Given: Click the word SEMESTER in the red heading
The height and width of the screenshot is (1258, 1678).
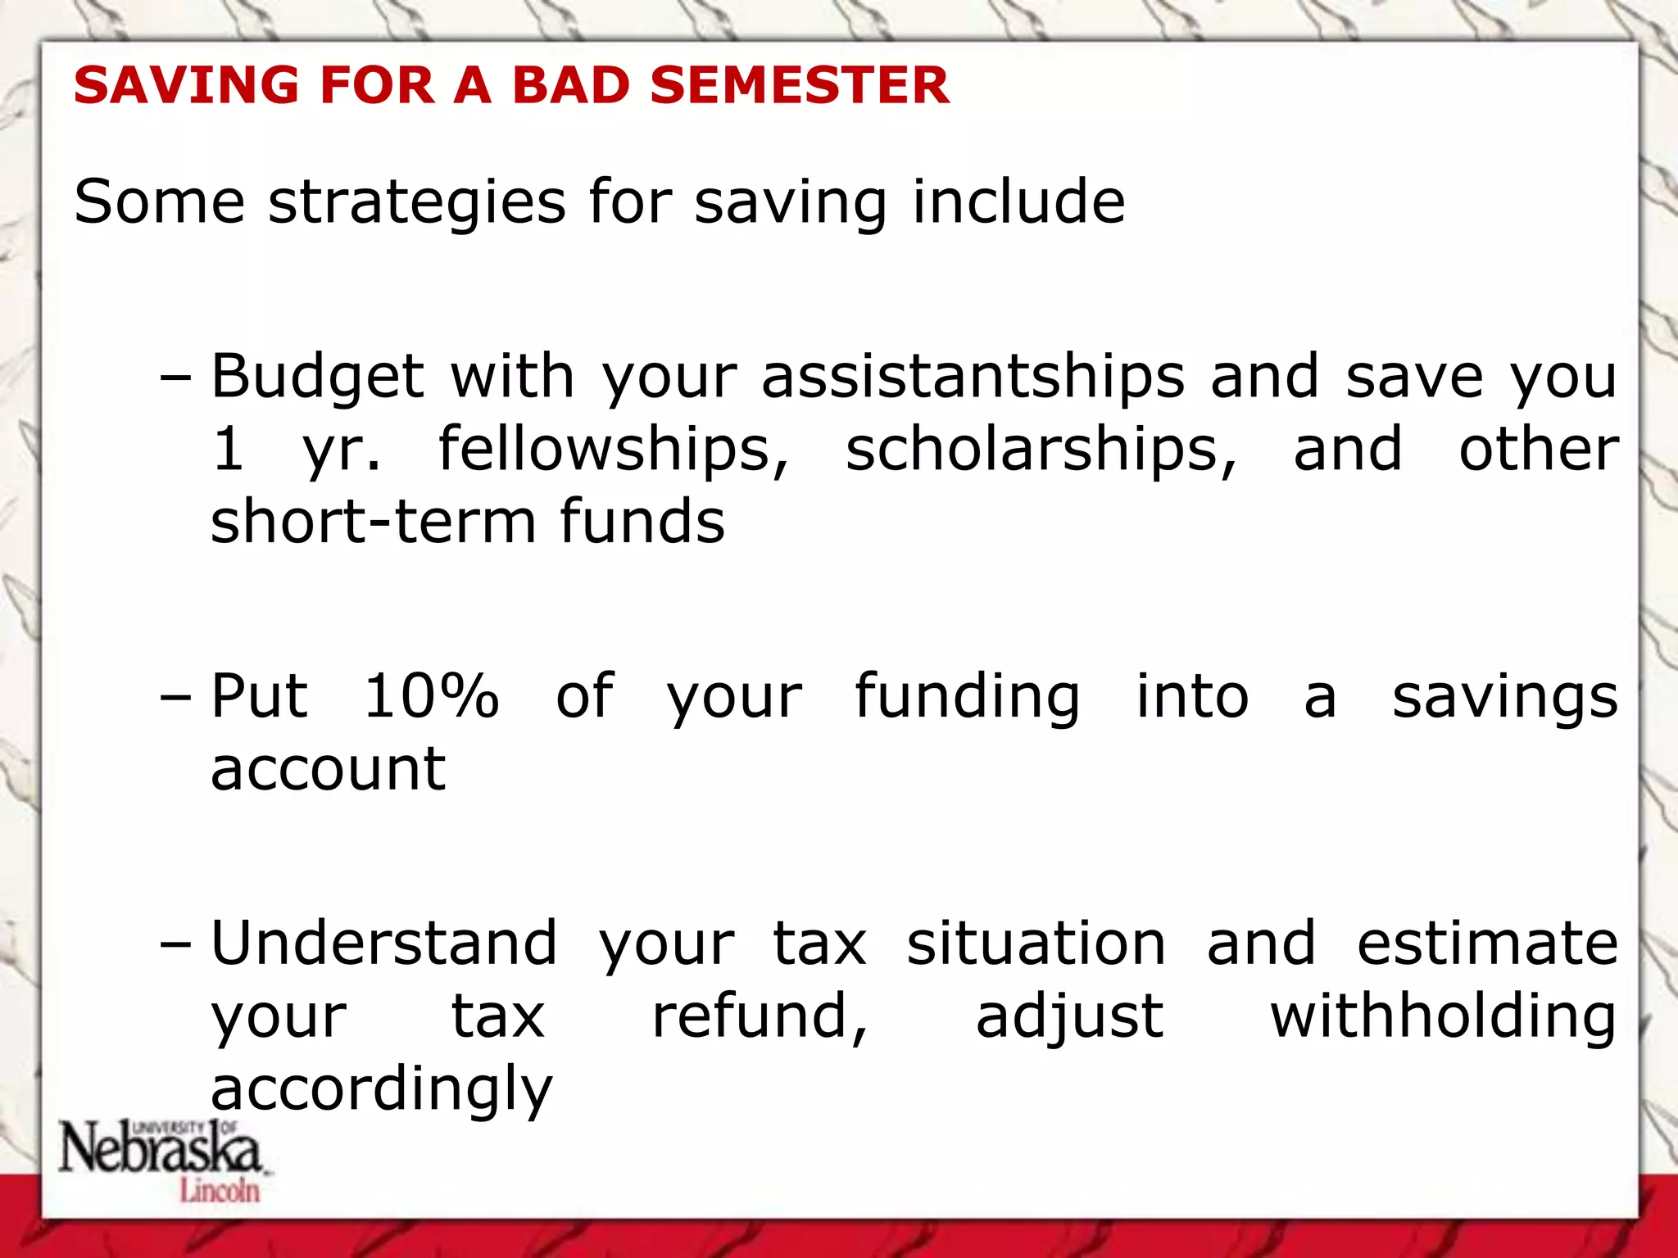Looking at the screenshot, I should tap(800, 85).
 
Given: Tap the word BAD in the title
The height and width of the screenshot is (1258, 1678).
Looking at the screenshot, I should tap(570, 85).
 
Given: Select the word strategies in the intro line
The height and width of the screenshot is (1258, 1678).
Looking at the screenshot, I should tap(416, 203).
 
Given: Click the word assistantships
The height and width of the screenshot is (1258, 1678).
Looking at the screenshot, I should tap(973, 378).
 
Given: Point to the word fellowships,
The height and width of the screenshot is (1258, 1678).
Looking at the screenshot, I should tap(614, 450).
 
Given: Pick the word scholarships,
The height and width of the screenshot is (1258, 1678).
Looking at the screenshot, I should tap(1041, 450).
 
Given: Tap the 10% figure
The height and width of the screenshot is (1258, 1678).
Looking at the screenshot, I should tap(431, 696).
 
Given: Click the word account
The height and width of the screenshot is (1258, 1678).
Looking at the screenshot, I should tap(328, 770).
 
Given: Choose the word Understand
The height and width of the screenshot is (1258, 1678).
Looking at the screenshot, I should tap(384, 943).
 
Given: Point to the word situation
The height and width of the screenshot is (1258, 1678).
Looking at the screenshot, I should tap(1036, 943).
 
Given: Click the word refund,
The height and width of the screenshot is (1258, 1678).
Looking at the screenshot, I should tap(760, 1017).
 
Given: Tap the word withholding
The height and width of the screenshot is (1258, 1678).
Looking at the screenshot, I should tap(1443, 1017).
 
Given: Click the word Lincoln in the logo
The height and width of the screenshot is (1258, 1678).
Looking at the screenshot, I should tap(220, 1190).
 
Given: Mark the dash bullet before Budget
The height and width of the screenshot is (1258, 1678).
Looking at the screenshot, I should tap(175, 378).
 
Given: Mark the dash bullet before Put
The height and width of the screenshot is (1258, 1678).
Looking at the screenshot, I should tap(175, 698).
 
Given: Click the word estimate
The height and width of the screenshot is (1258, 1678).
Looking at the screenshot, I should tap(1487, 943).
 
